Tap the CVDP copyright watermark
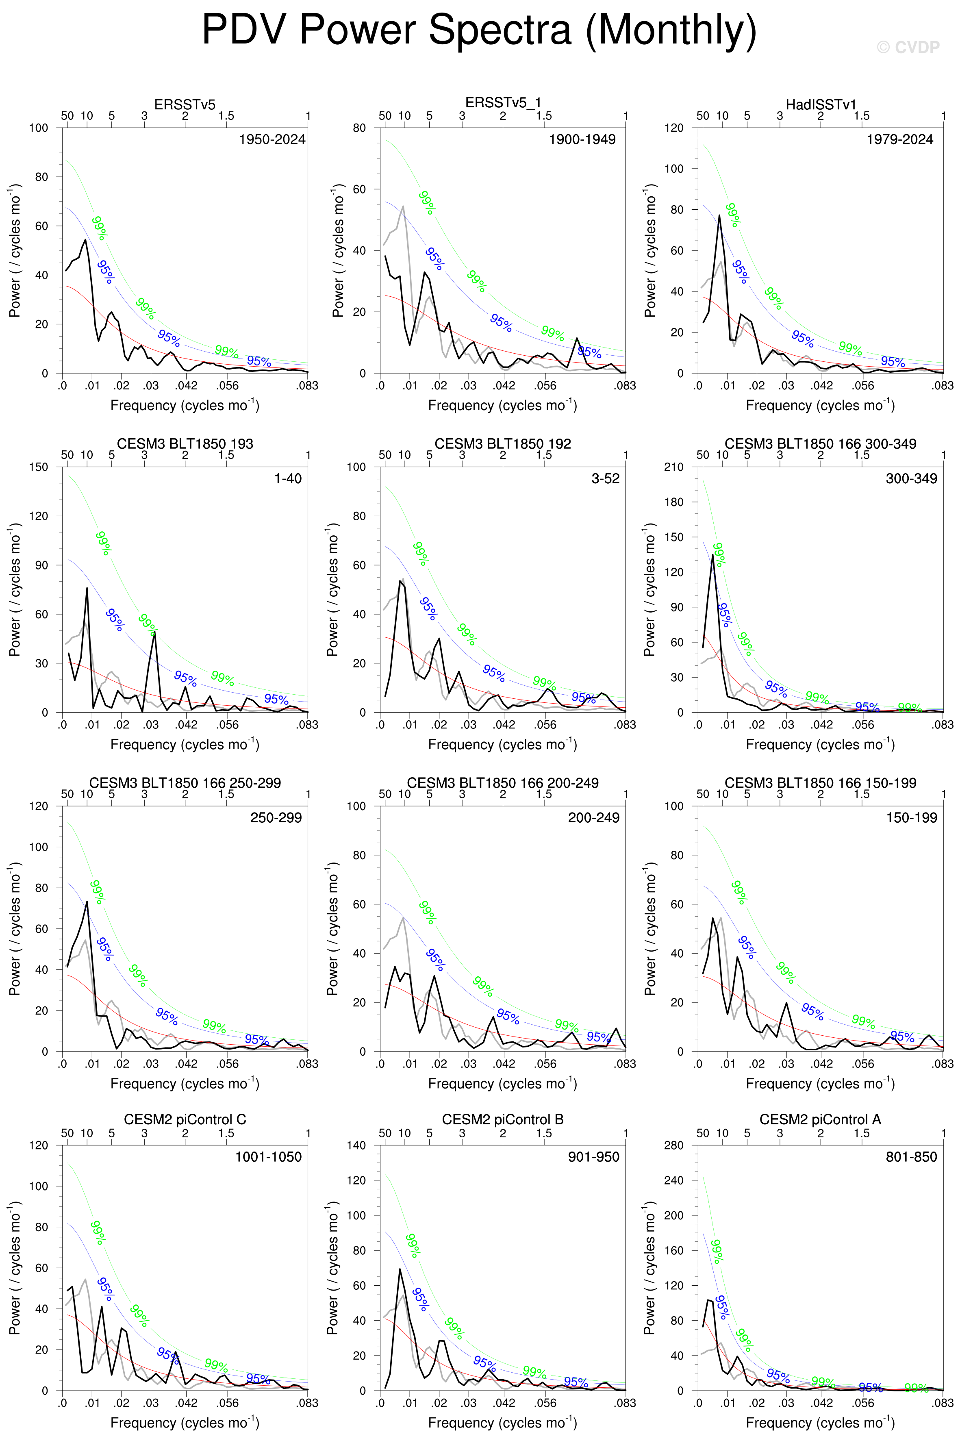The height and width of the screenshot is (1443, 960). pos(908,48)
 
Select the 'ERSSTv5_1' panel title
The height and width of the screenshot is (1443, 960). pos(503,103)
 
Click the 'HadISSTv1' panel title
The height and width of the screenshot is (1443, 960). pos(821,105)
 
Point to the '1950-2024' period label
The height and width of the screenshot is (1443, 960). pos(272,139)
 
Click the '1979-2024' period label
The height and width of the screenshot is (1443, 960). pos(899,139)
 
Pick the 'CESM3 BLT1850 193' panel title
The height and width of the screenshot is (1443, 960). pos(185,444)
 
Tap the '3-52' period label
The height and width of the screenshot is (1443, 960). pos(605,479)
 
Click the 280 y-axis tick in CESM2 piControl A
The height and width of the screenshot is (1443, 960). pos(673,1145)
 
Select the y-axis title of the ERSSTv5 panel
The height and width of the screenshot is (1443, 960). pos(15,250)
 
